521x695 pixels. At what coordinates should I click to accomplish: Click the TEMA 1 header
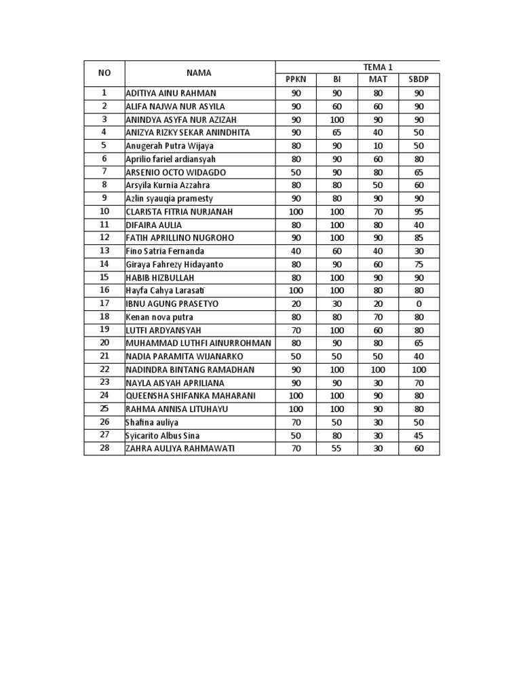coord(378,67)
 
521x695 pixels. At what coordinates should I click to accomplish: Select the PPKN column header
coord(296,79)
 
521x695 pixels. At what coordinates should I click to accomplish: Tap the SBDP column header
coord(419,79)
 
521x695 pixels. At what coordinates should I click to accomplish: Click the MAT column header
coord(378,79)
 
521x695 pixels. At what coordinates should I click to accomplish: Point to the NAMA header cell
coord(199,73)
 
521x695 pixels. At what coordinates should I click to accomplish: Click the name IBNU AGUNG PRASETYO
coord(172,303)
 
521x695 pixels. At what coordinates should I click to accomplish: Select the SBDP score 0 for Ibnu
coord(419,303)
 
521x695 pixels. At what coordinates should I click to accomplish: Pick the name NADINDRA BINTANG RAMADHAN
coord(190,369)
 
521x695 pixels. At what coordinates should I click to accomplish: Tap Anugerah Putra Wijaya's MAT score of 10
coord(378,146)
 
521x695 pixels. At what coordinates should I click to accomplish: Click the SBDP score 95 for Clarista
coord(419,212)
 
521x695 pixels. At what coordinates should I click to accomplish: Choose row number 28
coord(104,449)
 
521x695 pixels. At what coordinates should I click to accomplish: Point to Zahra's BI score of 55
coord(337,449)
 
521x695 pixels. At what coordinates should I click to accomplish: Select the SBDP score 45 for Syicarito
coord(419,435)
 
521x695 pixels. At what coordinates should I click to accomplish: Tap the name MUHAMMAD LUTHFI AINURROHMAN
coord(199,343)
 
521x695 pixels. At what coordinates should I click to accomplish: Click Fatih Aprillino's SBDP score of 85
coord(419,238)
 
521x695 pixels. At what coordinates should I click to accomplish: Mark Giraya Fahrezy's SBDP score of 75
coord(419,264)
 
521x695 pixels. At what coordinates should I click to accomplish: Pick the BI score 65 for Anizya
coord(337,132)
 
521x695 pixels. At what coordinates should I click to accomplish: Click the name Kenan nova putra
coord(159,317)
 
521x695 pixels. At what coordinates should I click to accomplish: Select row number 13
coord(104,251)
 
